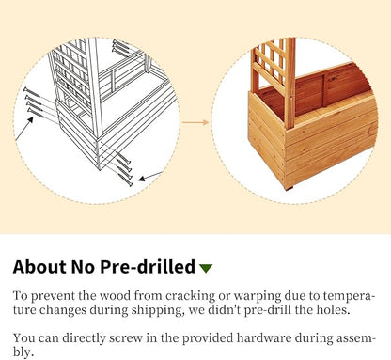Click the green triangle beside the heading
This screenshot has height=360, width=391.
tap(206, 268)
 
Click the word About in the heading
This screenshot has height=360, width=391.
tap(39, 267)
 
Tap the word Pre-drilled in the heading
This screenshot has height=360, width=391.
tap(148, 267)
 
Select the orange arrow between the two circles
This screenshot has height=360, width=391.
tap(195, 122)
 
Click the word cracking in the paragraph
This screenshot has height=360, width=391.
tap(191, 296)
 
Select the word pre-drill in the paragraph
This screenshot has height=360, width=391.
tap(268, 310)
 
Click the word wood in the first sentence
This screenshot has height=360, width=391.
tap(115, 296)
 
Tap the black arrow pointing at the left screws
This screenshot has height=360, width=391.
tap(24, 128)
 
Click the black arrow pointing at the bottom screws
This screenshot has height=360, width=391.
tap(150, 176)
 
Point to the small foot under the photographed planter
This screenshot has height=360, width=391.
tap(289, 188)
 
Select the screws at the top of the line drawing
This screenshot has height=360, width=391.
tap(120, 46)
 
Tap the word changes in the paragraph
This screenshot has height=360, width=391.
tap(63, 310)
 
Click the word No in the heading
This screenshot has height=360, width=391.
tap(83, 267)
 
